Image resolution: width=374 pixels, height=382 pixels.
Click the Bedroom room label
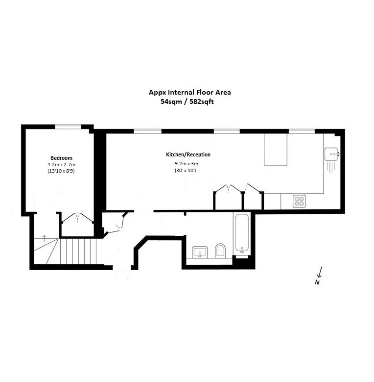pyautogui.click(x=61, y=158)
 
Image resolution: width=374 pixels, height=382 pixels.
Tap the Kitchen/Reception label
pyautogui.click(x=188, y=154)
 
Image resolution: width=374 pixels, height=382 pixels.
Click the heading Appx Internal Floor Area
pyautogui.click(x=189, y=92)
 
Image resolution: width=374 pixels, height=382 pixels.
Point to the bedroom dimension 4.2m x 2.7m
pyautogui.click(x=61, y=165)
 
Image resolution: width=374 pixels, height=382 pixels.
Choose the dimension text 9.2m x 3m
pyautogui.click(x=186, y=163)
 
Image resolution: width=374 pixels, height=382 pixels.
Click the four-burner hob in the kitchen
pyautogui.click(x=299, y=201)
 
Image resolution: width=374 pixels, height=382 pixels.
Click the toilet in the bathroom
pyautogui.click(x=220, y=252)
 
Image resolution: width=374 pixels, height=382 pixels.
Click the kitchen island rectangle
pyautogui.click(x=278, y=149)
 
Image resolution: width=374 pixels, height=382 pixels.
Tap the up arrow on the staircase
pyautogui.click(x=45, y=238)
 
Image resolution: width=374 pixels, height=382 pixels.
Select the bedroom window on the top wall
pyautogui.click(x=68, y=127)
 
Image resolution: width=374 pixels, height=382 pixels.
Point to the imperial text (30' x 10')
pyautogui.click(x=186, y=171)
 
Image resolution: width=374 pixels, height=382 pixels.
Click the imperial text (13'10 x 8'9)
pyautogui.click(x=61, y=172)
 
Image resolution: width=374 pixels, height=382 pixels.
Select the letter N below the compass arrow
pyautogui.click(x=317, y=282)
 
